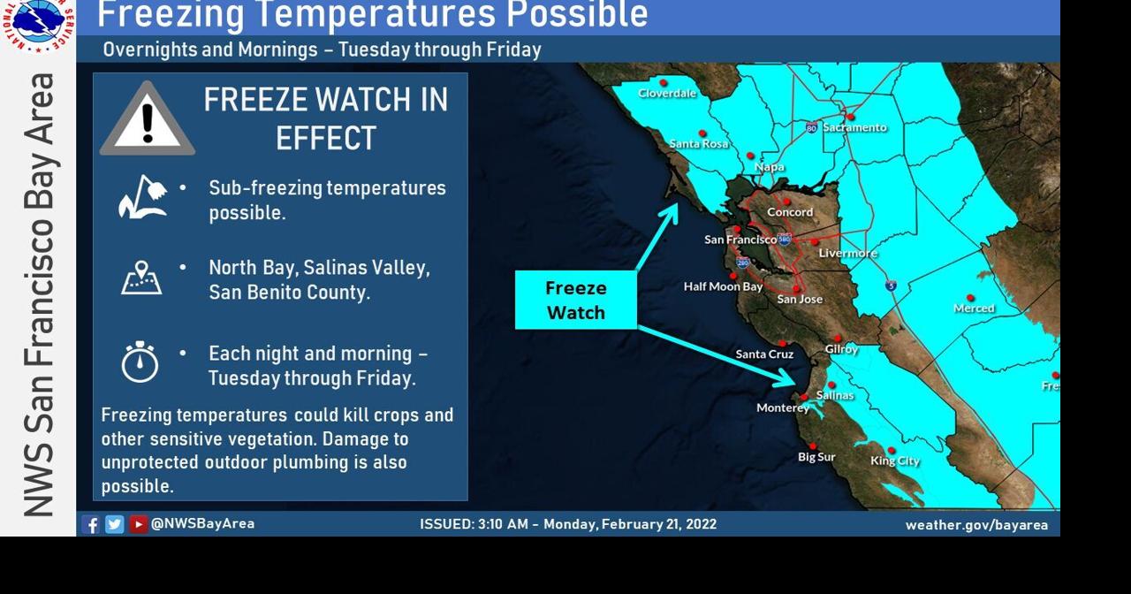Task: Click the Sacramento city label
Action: [854, 127]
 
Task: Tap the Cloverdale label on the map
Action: [667, 93]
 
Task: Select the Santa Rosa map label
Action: [698, 143]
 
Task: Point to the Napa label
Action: [770, 167]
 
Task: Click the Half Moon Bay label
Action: [723, 286]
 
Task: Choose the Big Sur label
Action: [816, 457]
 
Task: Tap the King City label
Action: [895, 461]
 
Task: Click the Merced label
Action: [974, 308]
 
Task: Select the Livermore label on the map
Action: [847, 254]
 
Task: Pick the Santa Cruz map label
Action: [764, 354]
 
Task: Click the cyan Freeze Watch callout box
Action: [575, 301]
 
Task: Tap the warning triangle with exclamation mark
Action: [147, 120]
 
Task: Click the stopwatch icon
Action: [140, 362]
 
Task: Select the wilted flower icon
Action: [142, 197]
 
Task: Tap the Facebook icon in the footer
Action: [90, 524]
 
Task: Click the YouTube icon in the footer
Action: [139, 524]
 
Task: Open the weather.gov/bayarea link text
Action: [976, 525]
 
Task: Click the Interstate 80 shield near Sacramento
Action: [811, 128]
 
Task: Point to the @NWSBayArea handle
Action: [202, 523]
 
